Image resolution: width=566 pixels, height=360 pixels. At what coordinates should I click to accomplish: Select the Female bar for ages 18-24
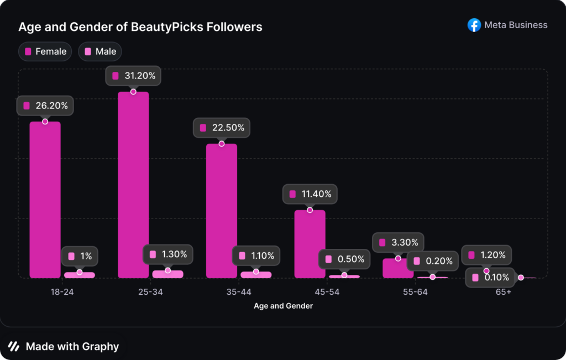(45, 199)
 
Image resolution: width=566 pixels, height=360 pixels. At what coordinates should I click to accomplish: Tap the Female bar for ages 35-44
(222, 210)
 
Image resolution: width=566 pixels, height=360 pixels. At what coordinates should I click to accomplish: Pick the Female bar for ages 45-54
(310, 243)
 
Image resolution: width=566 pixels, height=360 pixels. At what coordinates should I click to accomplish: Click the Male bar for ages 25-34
(167, 274)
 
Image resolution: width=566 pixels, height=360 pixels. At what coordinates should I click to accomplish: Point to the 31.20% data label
(133, 76)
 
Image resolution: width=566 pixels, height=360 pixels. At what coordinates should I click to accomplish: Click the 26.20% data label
(45, 106)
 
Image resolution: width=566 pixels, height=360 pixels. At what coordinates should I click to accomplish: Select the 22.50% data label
(222, 128)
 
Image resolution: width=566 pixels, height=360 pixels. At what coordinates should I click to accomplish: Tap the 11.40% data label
(310, 194)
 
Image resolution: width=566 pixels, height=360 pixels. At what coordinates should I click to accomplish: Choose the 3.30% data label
(398, 242)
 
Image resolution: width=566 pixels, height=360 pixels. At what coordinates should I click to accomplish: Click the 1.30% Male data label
(168, 255)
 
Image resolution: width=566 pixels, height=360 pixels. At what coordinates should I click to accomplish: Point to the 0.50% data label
(345, 259)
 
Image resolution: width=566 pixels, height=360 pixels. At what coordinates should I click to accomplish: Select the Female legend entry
(45, 51)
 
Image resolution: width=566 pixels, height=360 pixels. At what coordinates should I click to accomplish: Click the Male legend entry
(100, 51)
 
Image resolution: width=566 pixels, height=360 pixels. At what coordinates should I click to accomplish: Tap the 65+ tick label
(503, 292)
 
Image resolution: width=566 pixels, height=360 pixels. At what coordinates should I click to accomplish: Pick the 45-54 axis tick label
(327, 292)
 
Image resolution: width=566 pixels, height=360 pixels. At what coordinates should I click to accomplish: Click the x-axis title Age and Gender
(283, 306)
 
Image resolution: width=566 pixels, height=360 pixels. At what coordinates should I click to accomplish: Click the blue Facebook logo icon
(474, 25)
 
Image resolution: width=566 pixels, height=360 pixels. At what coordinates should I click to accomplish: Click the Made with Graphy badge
(64, 347)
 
